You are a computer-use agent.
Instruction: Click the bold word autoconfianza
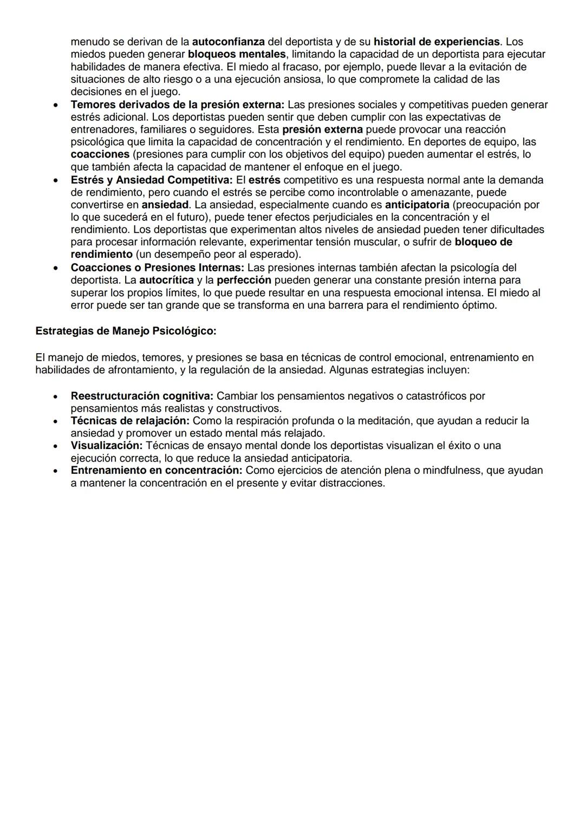click(228, 42)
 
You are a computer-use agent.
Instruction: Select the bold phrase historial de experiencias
click(437, 42)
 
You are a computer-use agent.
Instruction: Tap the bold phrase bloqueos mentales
click(236, 54)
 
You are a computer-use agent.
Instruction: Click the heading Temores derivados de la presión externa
click(177, 105)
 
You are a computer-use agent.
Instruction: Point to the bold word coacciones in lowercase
click(100, 154)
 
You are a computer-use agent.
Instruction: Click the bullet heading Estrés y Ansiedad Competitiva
click(151, 180)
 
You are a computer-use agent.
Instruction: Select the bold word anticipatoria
click(417, 205)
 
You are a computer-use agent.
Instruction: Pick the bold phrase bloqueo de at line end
click(483, 242)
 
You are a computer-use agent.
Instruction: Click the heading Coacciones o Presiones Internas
click(157, 268)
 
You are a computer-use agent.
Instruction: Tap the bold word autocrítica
click(166, 280)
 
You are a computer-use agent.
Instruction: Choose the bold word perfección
click(244, 280)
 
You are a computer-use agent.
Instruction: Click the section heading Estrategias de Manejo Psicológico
click(126, 331)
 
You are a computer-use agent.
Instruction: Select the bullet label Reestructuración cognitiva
click(142, 396)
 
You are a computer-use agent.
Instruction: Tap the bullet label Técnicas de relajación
click(130, 421)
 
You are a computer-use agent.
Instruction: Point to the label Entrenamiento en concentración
click(156, 471)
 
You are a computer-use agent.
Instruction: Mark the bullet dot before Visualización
click(55, 446)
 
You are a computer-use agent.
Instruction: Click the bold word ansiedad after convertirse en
click(165, 205)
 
